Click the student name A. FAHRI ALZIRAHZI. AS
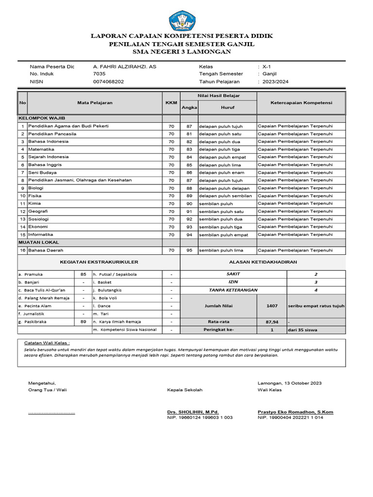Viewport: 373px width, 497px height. pyautogui.click(x=124, y=66)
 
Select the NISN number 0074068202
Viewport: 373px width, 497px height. pyautogui.click(x=108, y=82)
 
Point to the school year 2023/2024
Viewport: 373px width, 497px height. pyautogui.click(x=275, y=82)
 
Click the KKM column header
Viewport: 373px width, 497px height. pyautogui.click(x=171, y=103)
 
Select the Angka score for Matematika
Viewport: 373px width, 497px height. pyautogui.click(x=189, y=149)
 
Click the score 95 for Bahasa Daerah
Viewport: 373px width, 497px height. pyautogui.click(x=189, y=250)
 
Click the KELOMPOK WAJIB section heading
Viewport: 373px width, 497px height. pyautogui.click(x=42, y=118)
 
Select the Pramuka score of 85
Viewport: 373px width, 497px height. pyautogui.click(x=84, y=274)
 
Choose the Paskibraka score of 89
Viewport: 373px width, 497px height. pyautogui.click(x=84, y=322)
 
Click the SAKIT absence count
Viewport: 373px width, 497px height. pyautogui.click(x=316, y=274)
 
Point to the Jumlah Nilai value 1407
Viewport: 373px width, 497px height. pyautogui.click(x=272, y=306)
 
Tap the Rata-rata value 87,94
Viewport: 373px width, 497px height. pyautogui.click(x=272, y=322)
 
